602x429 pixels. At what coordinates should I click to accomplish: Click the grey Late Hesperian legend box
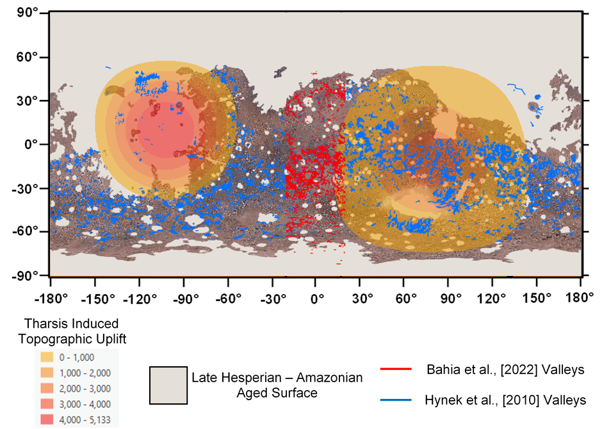(168, 385)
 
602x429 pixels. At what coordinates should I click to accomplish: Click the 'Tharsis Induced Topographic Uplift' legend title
(71, 330)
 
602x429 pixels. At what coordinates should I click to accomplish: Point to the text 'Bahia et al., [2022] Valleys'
(505, 369)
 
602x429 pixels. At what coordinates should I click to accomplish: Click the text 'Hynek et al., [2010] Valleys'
(505, 400)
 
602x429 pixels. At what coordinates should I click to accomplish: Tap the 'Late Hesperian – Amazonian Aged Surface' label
(277, 385)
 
